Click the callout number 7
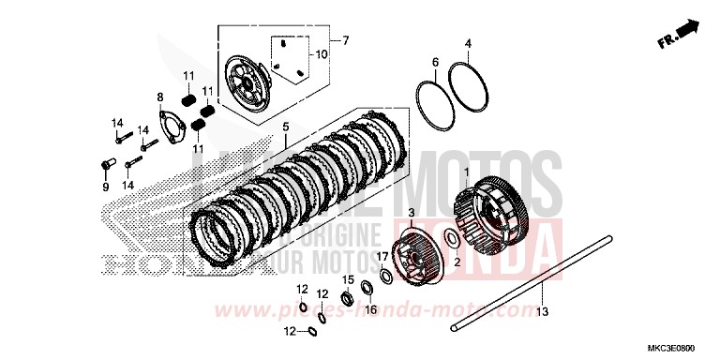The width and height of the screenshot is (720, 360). pyautogui.click(x=344, y=40)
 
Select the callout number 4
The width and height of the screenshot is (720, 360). pyautogui.click(x=468, y=43)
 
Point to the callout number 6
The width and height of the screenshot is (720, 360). pyautogui.click(x=435, y=62)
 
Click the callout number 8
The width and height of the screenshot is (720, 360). pyautogui.click(x=160, y=97)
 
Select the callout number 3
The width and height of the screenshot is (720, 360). pyautogui.click(x=410, y=215)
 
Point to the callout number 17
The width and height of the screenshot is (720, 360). pyautogui.click(x=382, y=255)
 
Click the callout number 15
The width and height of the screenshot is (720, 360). pyautogui.click(x=346, y=280)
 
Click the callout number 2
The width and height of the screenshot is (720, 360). pyautogui.click(x=457, y=264)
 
